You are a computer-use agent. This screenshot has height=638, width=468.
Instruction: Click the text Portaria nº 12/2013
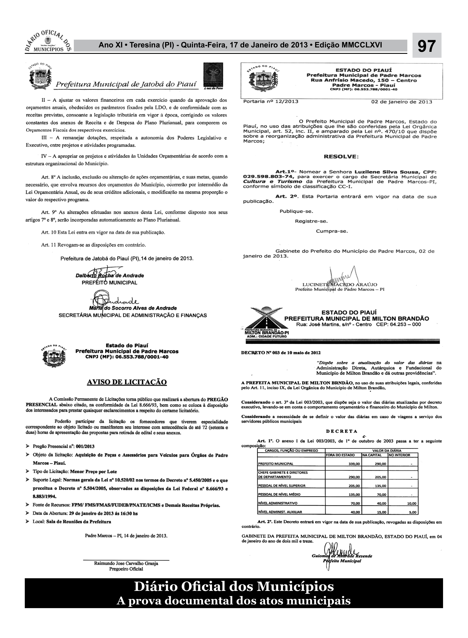pos(271,101)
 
